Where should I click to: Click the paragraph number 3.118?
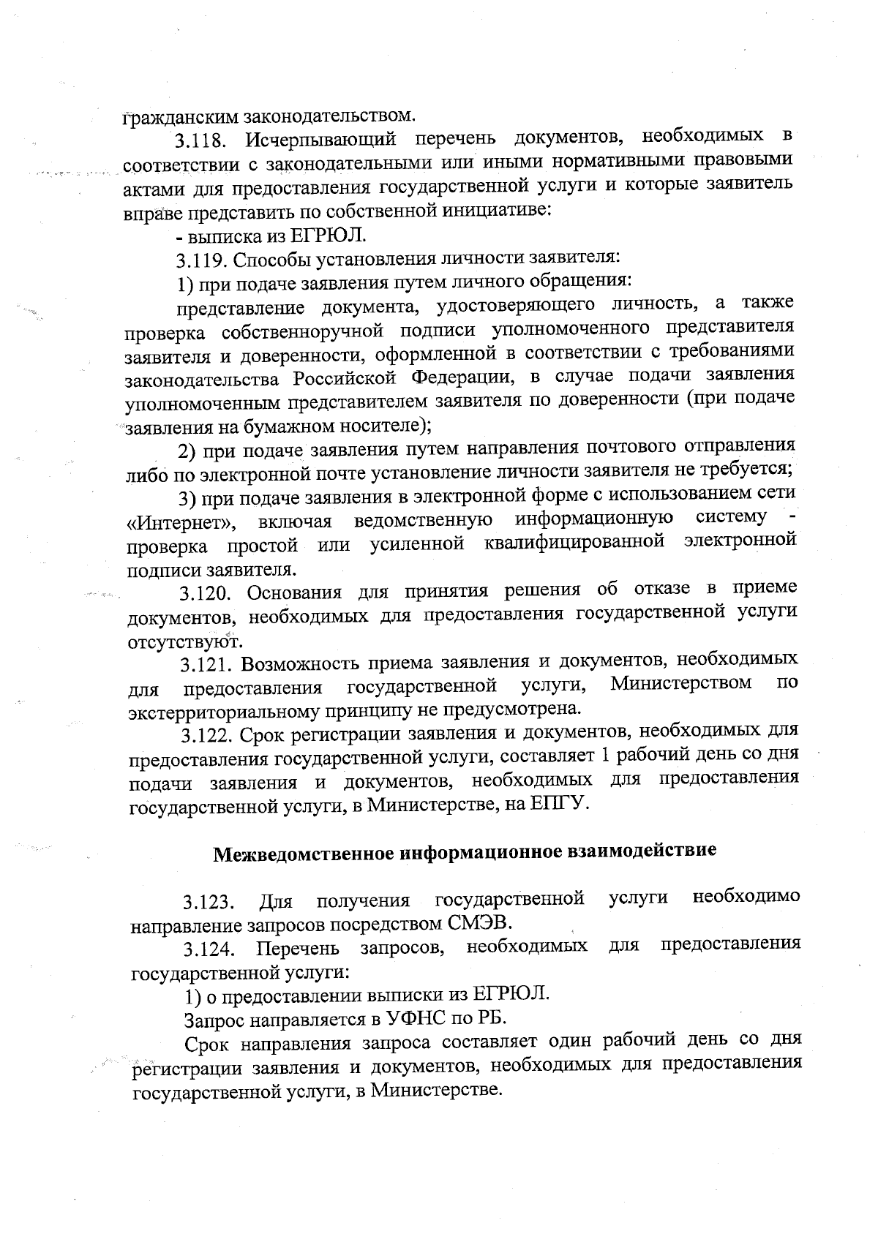tap(205, 140)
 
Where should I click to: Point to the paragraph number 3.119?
tap(204, 260)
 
